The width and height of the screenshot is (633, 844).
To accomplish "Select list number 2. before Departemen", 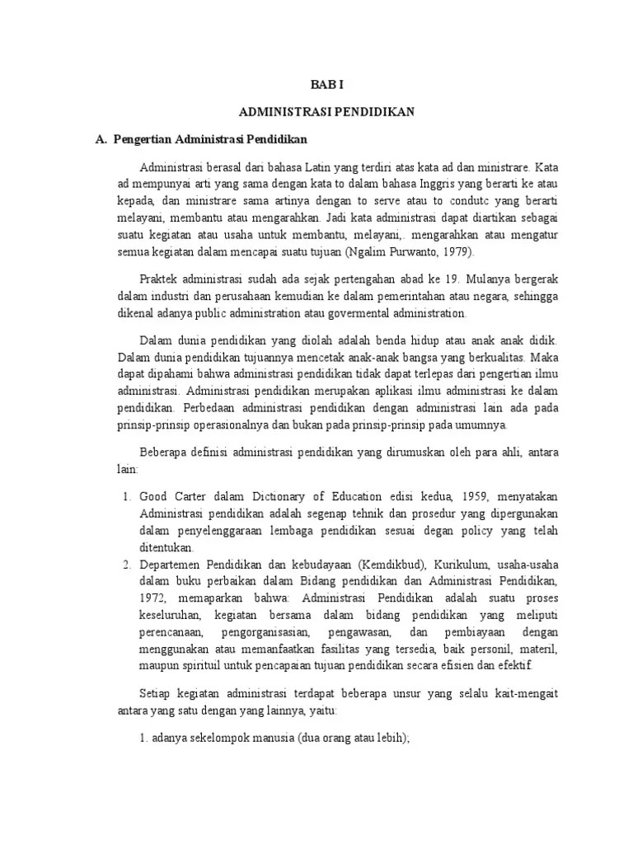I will [x=128, y=565].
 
